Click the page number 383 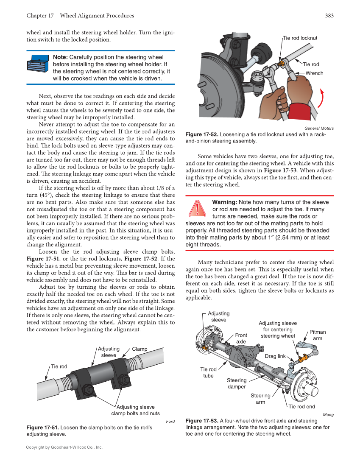click(329, 16)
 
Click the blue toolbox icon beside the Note click(38, 64)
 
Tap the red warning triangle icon click(198, 208)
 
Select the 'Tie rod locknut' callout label click(300, 38)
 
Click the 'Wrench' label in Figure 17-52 click(314, 73)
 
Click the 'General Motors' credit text click(319, 128)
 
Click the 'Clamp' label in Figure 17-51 click(140, 349)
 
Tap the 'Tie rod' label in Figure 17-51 click(59, 366)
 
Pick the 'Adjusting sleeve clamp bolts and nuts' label click(135, 410)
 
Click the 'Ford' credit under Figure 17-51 click(170, 421)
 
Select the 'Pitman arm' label click(318, 335)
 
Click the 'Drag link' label click(275, 356)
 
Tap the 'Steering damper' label click(236, 383)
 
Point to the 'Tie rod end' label click(301, 407)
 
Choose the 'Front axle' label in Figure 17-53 click(241, 338)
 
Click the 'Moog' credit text click(328, 415)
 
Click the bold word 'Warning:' click(224, 202)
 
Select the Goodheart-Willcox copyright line click(64, 447)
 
